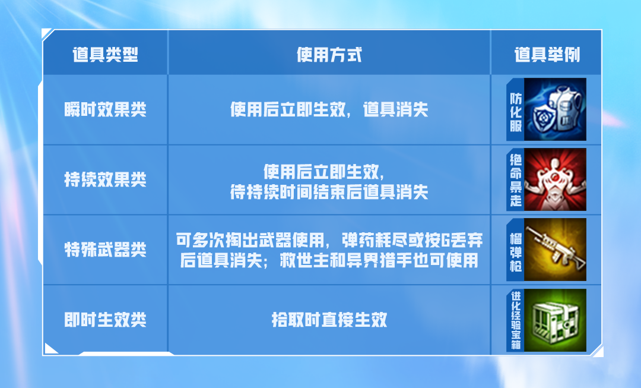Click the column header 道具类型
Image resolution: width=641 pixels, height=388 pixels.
tap(105, 55)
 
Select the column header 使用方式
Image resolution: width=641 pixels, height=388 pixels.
tap(329, 55)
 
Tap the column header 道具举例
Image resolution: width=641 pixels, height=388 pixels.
tap(547, 55)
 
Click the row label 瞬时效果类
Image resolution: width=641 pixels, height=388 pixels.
tap(105, 109)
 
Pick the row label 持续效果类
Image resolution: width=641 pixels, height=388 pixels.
tap(105, 179)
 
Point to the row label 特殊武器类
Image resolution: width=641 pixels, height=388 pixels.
tap(105, 249)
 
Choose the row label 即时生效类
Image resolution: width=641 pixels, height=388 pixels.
tap(105, 320)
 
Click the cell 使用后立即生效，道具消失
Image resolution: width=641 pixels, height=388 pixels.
tap(329, 109)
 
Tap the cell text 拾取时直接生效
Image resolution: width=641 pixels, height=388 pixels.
tap(329, 320)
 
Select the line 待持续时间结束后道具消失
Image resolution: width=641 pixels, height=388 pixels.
tap(329, 192)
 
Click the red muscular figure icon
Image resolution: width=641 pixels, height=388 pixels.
tap(555, 179)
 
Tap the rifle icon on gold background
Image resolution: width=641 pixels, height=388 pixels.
tap(555, 249)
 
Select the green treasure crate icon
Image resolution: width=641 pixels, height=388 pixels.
tap(555, 320)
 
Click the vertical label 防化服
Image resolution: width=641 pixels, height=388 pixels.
tap(516, 112)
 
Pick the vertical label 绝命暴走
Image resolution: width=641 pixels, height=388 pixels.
tap(516, 180)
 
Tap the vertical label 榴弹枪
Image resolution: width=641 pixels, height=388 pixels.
tap(516, 252)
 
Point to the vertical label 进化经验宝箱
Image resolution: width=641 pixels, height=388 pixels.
tap(516, 320)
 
